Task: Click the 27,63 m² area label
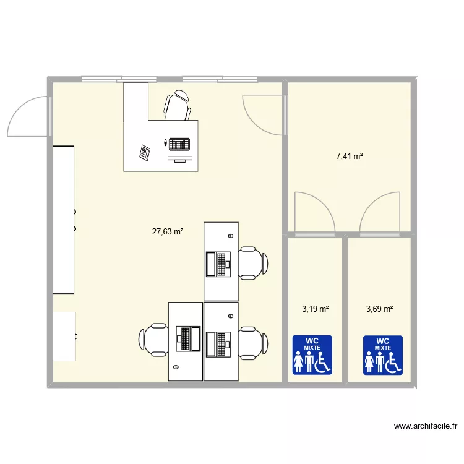[x=168, y=232]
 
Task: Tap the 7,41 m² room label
[x=350, y=157]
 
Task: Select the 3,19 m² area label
[x=315, y=309]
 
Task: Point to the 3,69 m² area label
[x=380, y=309]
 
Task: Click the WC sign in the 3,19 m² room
[x=312, y=355]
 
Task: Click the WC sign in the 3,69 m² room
[x=383, y=355]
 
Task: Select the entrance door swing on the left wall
[x=28, y=116]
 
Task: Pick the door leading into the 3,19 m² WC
[x=315, y=213]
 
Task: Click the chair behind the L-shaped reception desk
[x=178, y=106]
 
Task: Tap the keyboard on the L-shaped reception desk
[x=179, y=144]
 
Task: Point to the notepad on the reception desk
[x=146, y=152]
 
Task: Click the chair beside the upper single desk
[x=253, y=263]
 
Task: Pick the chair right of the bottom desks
[x=253, y=342]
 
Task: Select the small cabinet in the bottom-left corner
[x=64, y=336]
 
